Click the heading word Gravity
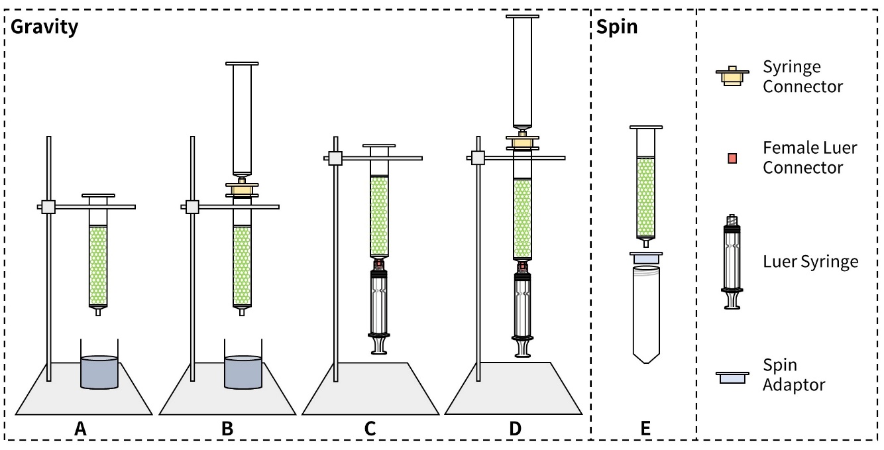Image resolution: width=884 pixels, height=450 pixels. [x=44, y=28]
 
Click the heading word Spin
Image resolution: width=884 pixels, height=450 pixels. [x=617, y=28]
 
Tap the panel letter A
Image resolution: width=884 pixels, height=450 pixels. [x=80, y=428]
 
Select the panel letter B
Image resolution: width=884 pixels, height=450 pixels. [x=227, y=428]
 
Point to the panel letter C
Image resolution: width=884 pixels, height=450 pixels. [x=370, y=428]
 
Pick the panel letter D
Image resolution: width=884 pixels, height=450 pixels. [x=515, y=428]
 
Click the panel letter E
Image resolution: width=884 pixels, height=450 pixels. [x=645, y=428]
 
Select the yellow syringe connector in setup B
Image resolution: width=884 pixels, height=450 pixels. [x=242, y=190]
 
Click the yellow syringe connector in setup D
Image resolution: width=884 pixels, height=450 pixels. [x=522, y=143]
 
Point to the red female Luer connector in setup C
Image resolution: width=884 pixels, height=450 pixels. [x=379, y=263]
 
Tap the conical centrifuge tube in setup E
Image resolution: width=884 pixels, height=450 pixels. [x=646, y=314]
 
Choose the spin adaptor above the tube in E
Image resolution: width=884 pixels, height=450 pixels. [x=646, y=258]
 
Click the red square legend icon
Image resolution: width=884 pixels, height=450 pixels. [x=732, y=158]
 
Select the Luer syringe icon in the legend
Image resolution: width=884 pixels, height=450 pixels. [x=732, y=262]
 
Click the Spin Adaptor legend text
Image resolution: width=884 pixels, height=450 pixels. [x=793, y=375]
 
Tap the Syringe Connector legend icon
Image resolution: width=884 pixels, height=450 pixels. [x=732, y=76]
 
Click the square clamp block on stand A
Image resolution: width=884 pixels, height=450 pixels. [x=48, y=207]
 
